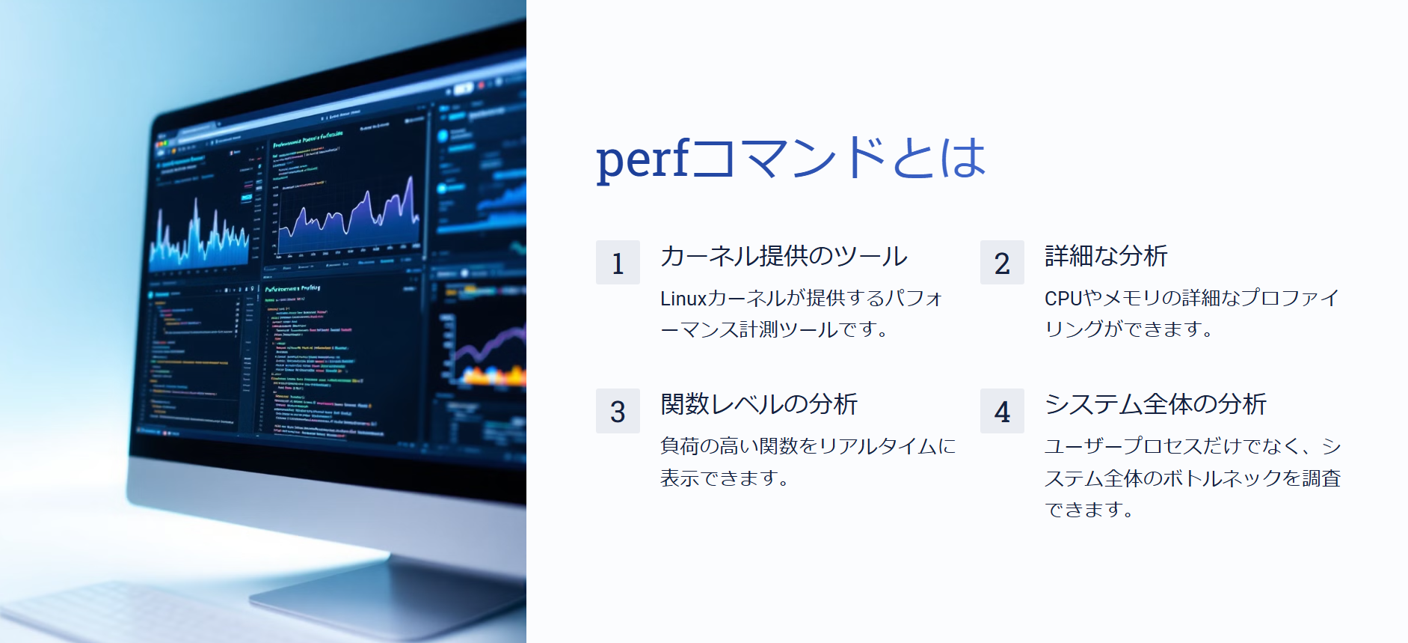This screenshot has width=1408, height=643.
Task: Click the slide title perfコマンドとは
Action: [x=790, y=158]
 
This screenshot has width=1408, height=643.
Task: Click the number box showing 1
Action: [x=618, y=263]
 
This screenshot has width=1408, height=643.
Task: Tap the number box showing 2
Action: [x=1002, y=263]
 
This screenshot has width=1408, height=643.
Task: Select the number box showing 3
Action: [x=618, y=411]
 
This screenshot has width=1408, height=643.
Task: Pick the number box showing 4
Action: [x=1002, y=411]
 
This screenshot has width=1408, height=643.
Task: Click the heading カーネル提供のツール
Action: [x=784, y=256]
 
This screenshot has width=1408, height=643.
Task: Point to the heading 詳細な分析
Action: [x=1106, y=256]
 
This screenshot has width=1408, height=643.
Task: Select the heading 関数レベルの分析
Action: [x=759, y=404]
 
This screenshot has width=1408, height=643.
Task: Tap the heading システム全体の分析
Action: [x=1155, y=404]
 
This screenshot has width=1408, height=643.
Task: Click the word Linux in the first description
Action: [x=683, y=299]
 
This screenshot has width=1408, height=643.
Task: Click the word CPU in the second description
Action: [x=1063, y=299]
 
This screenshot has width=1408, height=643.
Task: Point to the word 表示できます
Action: [x=724, y=478]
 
